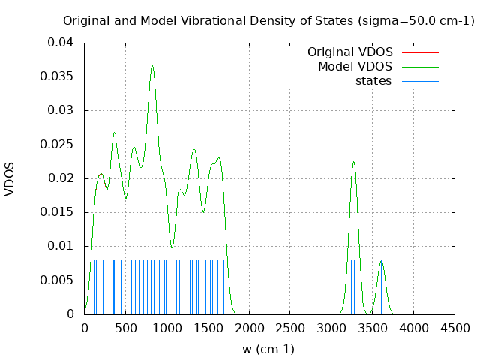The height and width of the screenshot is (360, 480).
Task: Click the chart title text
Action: point(268,20)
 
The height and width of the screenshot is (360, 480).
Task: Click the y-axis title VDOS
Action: point(10,179)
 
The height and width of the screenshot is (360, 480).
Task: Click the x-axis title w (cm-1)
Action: point(268,349)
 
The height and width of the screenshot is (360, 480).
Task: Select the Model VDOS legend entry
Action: point(355,67)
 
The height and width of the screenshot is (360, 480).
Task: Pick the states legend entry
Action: point(373,80)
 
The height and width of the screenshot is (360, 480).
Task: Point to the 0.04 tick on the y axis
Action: point(62,43)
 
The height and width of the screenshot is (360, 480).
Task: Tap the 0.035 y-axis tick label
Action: point(59,76)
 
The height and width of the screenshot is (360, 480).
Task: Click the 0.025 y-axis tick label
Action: point(59,144)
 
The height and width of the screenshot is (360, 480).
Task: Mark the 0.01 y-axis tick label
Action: point(62,246)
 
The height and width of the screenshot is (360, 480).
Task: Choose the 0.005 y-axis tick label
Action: point(59,280)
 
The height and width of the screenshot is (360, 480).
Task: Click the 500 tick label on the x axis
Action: point(125,327)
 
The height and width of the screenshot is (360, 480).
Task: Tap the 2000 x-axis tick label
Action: point(249,327)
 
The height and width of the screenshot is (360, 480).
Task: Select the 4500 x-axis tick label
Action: point(454,327)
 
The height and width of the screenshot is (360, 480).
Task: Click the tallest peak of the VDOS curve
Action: point(152,66)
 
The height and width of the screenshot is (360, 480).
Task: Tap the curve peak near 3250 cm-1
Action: point(353,162)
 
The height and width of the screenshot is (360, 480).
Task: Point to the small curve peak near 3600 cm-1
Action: point(381,261)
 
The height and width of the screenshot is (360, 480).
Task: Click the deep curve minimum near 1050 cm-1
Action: point(172,247)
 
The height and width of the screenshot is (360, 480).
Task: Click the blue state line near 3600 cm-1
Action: point(381,289)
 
